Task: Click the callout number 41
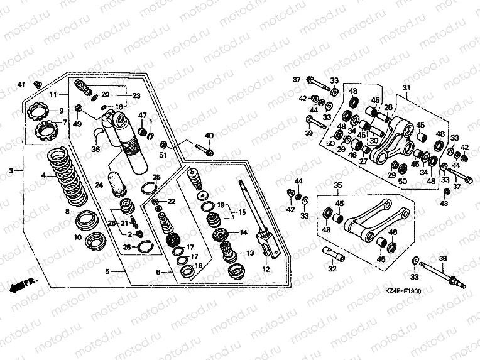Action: (x=21, y=84)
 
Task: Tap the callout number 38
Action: (x=442, y=258)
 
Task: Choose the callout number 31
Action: (x=406, y=87)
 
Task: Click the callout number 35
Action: (x=337, y=186)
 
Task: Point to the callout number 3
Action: (x=11, y=170)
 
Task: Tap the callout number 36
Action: (x=95, y=149)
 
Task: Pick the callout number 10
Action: (x=78, y=237)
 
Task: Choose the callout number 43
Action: (x=445, y=204)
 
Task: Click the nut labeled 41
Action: (x=37, y=84)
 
